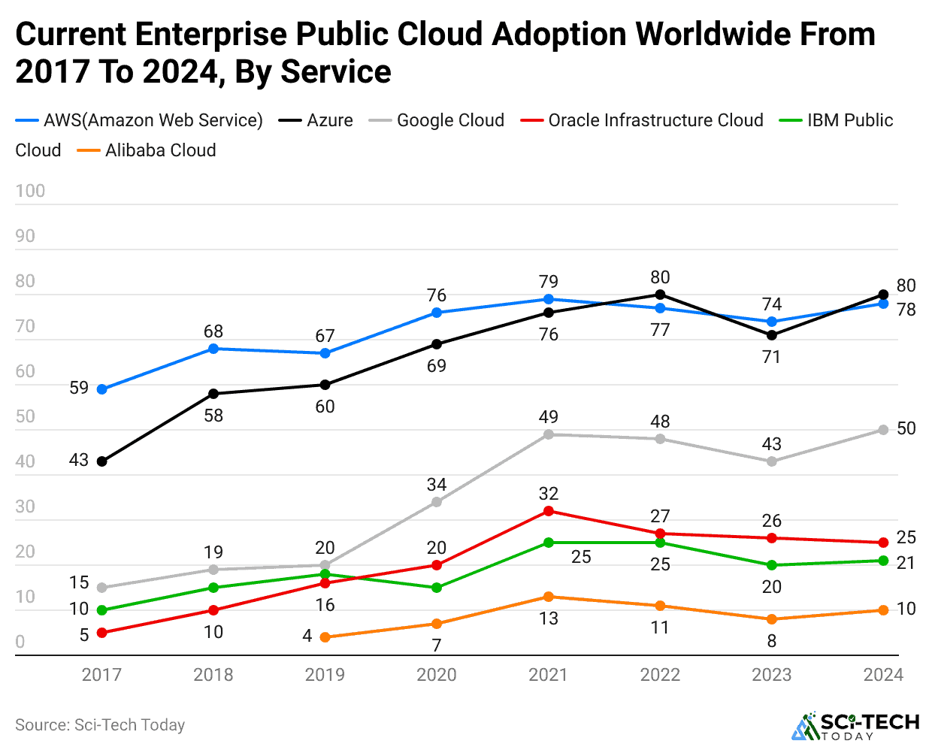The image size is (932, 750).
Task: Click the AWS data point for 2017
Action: click(102, 389)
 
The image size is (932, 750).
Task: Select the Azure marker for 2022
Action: click(660, 295)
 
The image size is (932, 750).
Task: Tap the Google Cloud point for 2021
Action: click(549, 434)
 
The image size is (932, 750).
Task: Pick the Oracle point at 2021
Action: click(549, 511)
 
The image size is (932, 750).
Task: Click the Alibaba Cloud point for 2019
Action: click(325, 637)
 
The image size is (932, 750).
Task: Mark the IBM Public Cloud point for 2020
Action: click(437, 588)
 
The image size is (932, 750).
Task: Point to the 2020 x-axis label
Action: click(437, 674)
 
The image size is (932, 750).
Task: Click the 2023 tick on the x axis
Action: click(772, 674)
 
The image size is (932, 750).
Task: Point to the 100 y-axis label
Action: click(30, 191)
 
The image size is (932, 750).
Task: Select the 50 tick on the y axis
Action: click(26, 416)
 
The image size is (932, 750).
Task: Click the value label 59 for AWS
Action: click(79, 388)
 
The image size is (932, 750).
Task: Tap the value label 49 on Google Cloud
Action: click(549, 416)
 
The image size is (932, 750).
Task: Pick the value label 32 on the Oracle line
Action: click(549, 493)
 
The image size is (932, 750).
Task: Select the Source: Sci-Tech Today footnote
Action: click(100, 724)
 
